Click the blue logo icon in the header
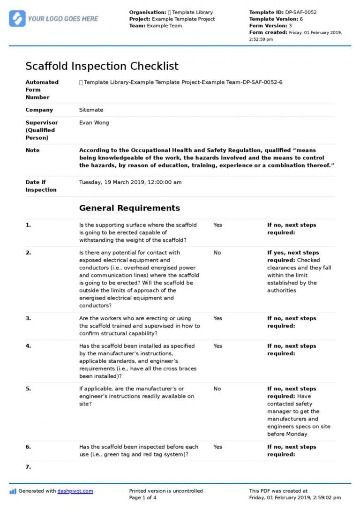(x=17, y=18)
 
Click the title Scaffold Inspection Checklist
(x=102, y=66)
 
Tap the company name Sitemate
(x=91, y=110)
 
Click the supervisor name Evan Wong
(x=94, y=123)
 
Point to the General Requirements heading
(x=129, y=208)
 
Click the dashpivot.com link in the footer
(x=75, y=491)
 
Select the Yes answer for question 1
(x=217, y=225)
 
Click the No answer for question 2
(x=217, y=253)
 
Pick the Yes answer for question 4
(x=217, y=346)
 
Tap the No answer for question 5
(x=217, y=389)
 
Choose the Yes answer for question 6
(x=217, y=447)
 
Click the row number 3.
(x=28, y=318)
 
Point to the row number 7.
(x=28, y=467)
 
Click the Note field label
(x=32, y=150)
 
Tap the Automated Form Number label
(x=42, y=90)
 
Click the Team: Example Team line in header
(x=156, y=26)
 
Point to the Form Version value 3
(x=290, y=26)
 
